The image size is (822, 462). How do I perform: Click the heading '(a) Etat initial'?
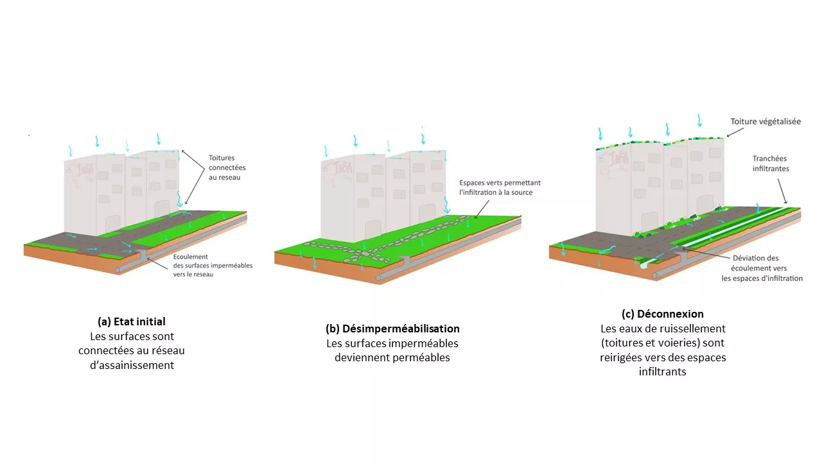pyautogui.click(x=132, y=321)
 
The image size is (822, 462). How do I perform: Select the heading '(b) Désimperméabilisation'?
pyautogui.click(x=392, y=329)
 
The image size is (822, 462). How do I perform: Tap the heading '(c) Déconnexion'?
pyautogui.click(x=662, y=314)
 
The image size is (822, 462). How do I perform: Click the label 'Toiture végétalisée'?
pyautogui.click(x=765, y=121)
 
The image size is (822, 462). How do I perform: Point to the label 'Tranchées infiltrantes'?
pyautogui.click(x=771, y=164)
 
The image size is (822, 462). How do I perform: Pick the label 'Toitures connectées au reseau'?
pyautogui.click(x=227, y=167)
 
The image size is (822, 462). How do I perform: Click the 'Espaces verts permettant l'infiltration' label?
pyautogui.click(x=500, y=187)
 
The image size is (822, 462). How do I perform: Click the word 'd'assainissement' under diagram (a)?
pyautogui.click(x=132, y=365)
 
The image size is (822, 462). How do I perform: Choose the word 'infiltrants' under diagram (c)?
pyautogui.click(x=662, y=372)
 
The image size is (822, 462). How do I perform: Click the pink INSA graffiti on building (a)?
pyautogui.click(x=85, y=169)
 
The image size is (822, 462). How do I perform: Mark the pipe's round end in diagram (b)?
pyautogui.click(x=378, y=278)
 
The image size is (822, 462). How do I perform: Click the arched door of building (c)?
pyautogui.click(x=649, y=222)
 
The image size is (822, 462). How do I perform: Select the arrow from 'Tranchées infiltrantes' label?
pyautogui.click(x=782, y=191)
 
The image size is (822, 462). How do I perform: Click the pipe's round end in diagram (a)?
pyautogui.click(x=118, y=270)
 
